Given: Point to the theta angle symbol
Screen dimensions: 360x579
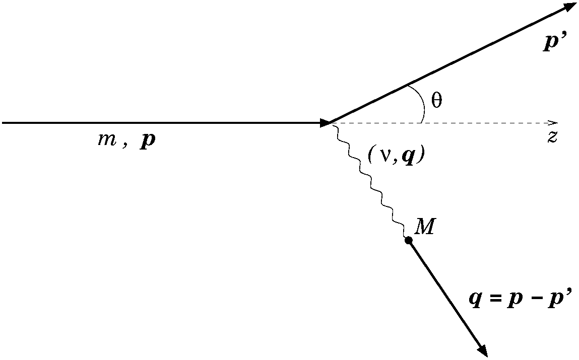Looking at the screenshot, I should pos(437,101).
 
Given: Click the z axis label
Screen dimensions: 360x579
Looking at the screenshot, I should pos(552,137).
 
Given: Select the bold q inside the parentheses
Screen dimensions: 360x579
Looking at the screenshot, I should pos(407,156).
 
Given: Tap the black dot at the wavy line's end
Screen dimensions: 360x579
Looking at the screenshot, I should pos(409,241).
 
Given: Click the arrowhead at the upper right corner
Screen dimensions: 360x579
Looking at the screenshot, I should pos(570,7).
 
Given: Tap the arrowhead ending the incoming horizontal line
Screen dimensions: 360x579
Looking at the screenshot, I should pos(325,122).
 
